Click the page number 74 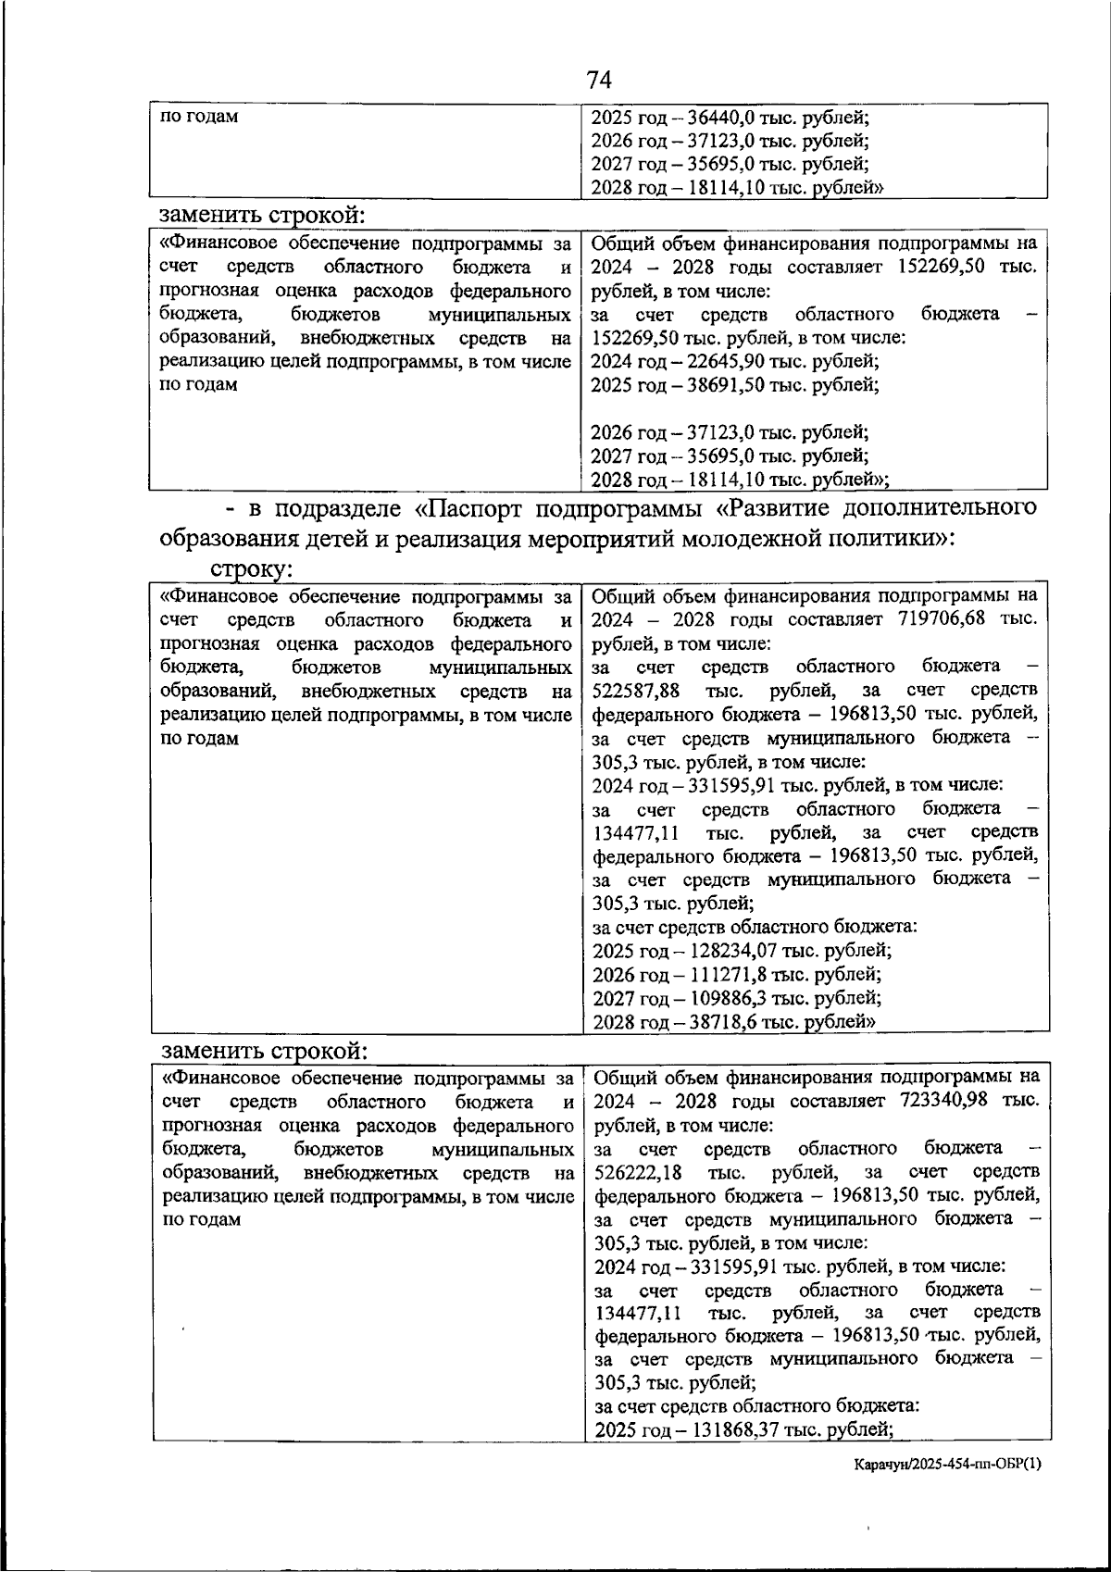point(599,81)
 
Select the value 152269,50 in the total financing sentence point(942,268)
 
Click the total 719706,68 point(942,619)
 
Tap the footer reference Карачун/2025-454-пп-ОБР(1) point(948,1464)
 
